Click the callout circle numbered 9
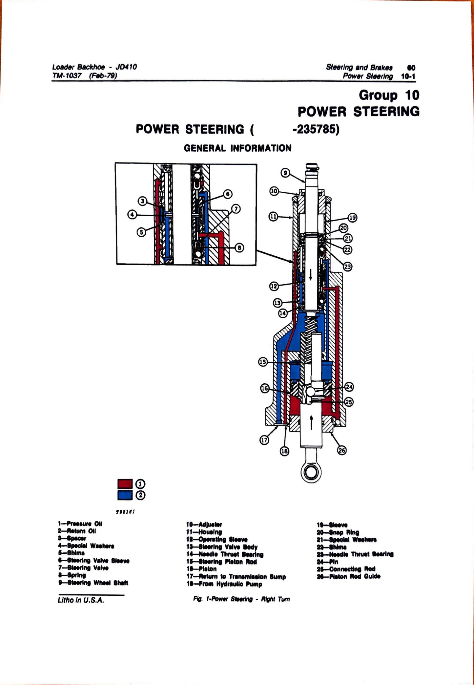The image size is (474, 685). [285, 172]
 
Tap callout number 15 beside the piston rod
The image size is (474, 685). [263, 362]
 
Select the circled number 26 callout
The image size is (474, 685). [342, 451]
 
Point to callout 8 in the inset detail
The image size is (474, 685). [240, 247]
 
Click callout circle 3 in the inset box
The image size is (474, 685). [142, 201]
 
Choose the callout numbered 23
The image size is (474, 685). [347, 267]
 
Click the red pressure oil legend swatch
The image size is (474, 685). [125, 484]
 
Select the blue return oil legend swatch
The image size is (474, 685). [125, 495]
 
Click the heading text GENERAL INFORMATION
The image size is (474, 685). [237, 148]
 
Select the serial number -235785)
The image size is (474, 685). [316, 130]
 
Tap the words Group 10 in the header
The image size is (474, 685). [389, 96]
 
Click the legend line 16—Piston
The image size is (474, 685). [201, 569]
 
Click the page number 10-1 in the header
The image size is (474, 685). [408, 76]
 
